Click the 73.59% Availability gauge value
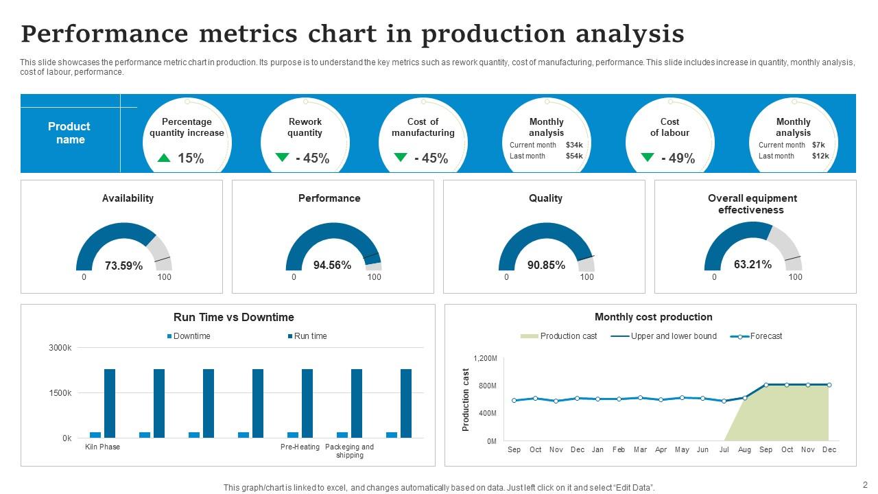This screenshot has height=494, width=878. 123,266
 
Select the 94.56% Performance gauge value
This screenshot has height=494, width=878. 332,265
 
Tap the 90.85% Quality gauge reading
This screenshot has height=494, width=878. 546,265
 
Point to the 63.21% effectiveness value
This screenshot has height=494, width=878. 752,264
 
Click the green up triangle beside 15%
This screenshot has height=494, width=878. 163,158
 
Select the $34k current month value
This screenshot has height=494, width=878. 574,145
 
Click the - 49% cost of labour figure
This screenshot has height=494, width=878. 678,158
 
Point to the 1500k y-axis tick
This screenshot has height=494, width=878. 60,393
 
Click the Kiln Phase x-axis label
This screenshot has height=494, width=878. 102,447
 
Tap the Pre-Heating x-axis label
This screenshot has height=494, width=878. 300,447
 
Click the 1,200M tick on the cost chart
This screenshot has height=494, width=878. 485,358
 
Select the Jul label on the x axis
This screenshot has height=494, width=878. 724,449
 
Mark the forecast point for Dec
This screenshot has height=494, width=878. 829,385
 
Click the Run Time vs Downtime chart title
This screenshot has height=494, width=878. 234,317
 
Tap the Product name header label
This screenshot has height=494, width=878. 69,133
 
